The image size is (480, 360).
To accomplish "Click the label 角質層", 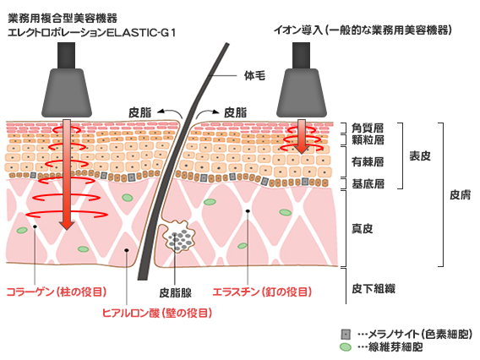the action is (368, 128).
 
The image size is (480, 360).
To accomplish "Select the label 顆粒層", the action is (368, 140).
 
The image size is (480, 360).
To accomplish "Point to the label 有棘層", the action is (368, 161).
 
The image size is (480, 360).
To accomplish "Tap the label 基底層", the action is (368, 184).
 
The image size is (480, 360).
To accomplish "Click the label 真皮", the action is (363, 228).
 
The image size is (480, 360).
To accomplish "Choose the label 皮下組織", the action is (374, 288).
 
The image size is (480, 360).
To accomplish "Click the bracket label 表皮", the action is (420, 156).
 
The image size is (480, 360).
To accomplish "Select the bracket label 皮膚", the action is (460, 194).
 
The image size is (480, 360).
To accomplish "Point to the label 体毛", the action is (254, 75).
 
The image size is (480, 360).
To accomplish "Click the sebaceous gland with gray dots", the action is (178, 236).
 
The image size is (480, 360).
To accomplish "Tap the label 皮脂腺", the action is (176, 293).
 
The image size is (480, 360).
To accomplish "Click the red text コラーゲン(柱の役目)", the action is (57, 292).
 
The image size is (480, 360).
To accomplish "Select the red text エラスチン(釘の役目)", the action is (262, 292).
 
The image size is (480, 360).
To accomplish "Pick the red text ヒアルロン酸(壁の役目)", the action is (157, 313).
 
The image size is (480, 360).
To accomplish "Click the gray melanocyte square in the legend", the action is (346, 335).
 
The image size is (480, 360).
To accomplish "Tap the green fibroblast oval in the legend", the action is (346, 347).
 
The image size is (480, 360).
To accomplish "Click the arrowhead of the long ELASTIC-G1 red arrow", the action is (67, 225).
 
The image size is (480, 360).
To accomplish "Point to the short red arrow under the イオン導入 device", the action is (302, 136).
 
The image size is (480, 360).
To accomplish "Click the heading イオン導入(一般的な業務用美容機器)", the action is (363, 30).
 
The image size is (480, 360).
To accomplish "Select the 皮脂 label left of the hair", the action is (140, 112).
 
